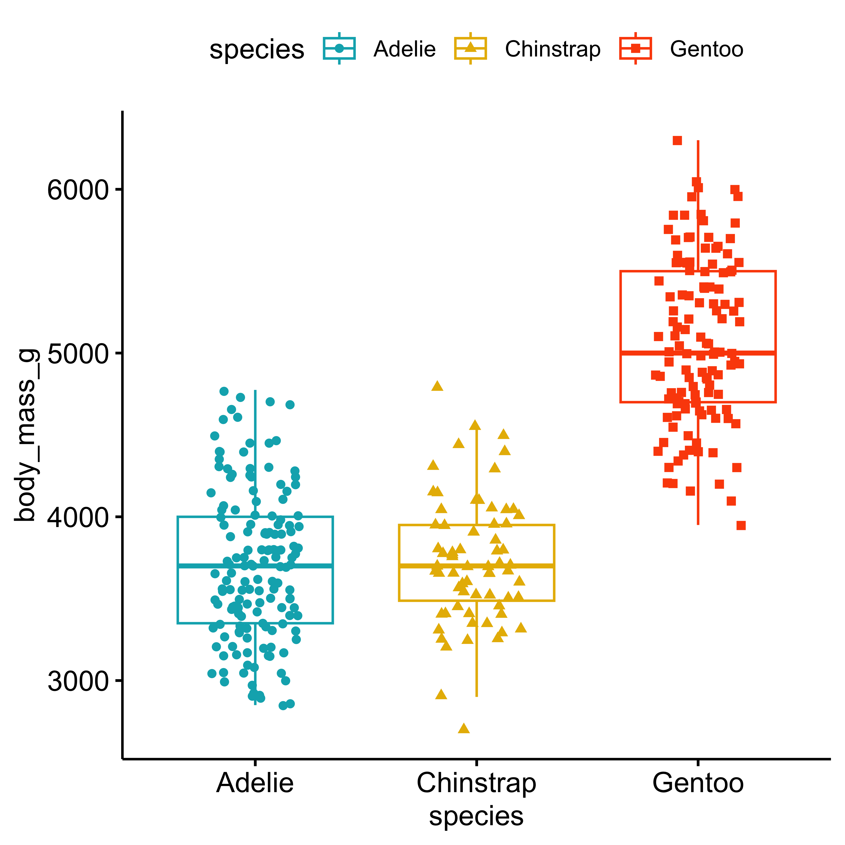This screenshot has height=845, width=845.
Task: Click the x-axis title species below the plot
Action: point(476,816)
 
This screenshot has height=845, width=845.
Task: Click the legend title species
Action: point(257,49)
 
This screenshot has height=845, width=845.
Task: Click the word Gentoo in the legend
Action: point(706,49)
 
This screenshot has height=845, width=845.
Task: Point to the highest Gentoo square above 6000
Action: point(677,141)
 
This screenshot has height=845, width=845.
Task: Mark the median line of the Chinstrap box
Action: point(476,565)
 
